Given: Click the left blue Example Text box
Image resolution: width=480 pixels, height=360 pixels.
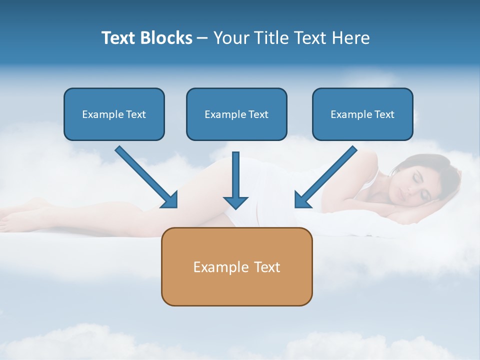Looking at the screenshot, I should pos(114,114).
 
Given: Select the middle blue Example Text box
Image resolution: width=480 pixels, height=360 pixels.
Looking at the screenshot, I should pos(236,114).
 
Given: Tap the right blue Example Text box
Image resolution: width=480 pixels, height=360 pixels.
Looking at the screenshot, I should pos(362,114).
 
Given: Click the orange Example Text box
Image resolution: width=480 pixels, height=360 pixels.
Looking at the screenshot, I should pos(236,266).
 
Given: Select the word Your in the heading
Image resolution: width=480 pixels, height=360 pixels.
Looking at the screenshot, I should pos(230,38).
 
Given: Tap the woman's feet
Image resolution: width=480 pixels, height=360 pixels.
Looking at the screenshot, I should pos(15,212).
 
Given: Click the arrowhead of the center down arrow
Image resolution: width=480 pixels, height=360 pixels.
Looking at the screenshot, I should pos(235,202).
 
